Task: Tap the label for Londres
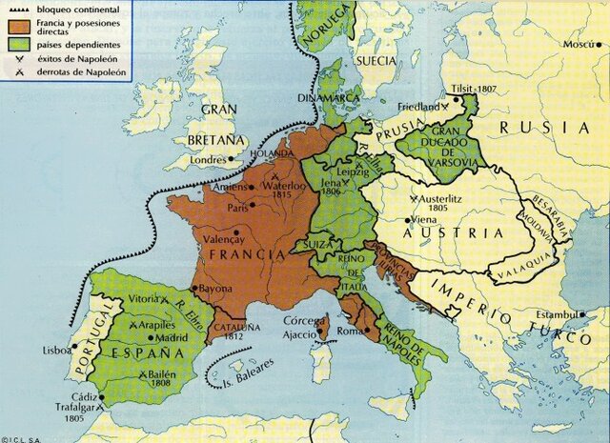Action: [x=211, y=160]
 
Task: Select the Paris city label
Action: [x=237, y=207]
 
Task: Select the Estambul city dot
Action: [x=583, y=315]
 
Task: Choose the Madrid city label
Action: [x=147, y=337]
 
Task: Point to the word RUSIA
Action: [x=552, y=128]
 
